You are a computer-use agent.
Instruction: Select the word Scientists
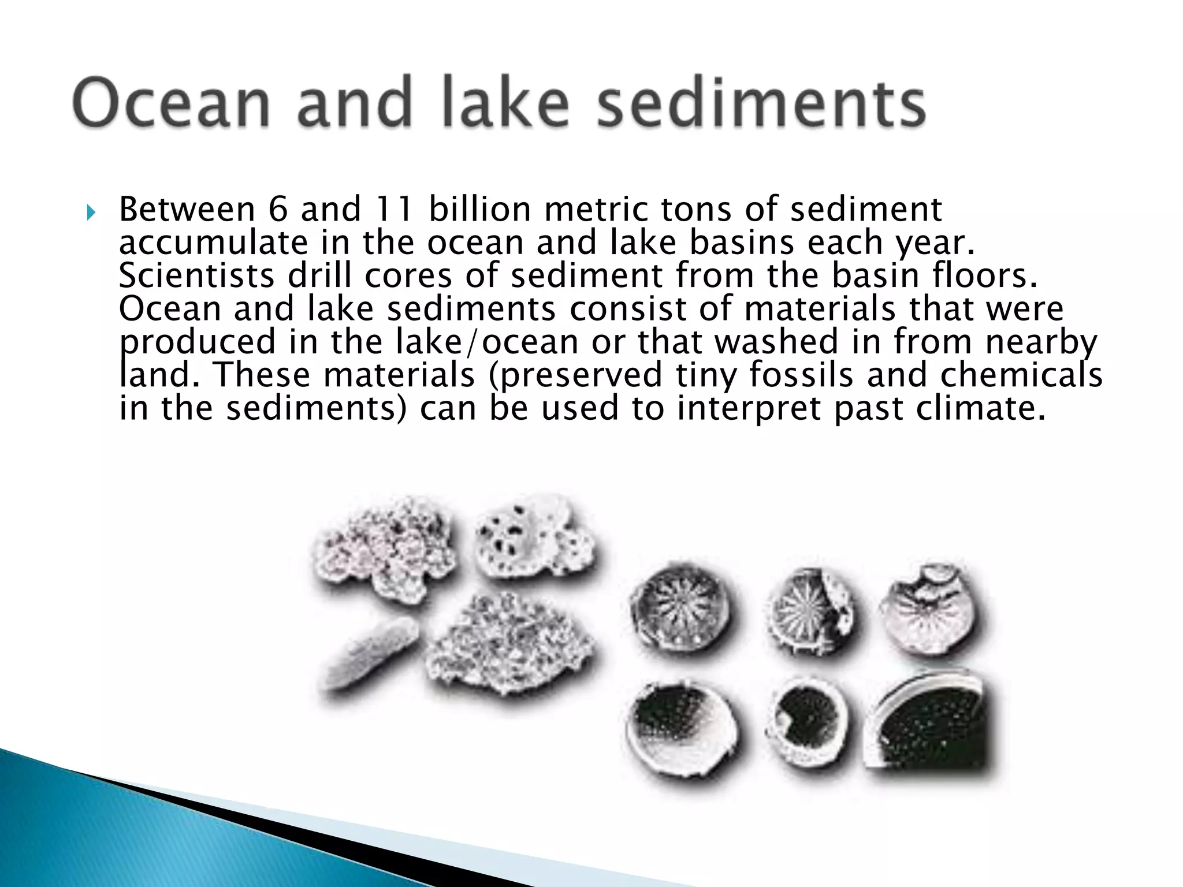click(196, 275)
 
